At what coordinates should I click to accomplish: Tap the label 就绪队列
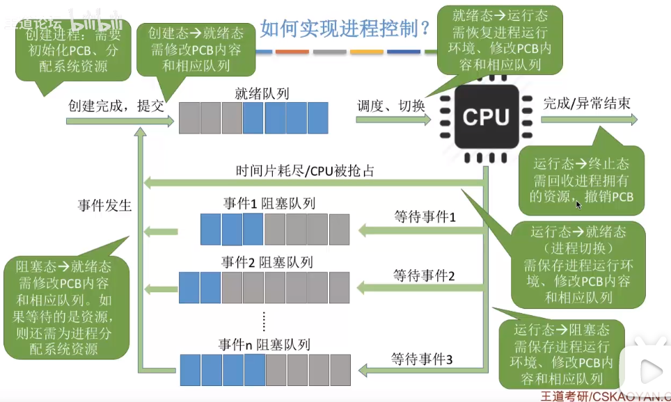(x=261, y=92)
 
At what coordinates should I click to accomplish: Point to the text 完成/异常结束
(x=587, y=102)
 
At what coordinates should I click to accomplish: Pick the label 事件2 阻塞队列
(x=267, y=262)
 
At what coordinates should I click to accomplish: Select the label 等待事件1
(x=424, y=217)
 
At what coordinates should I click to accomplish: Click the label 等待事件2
(x=424, y=275)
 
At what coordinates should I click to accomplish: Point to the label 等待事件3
(x=422, y=360)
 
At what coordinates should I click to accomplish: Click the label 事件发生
(x=105, y=205)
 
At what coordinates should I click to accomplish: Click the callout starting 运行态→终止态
(x=581, y=180)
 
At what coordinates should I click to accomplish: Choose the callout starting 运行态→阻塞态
(x=560, y=354)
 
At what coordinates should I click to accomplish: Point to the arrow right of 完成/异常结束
(x=589, y=120)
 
